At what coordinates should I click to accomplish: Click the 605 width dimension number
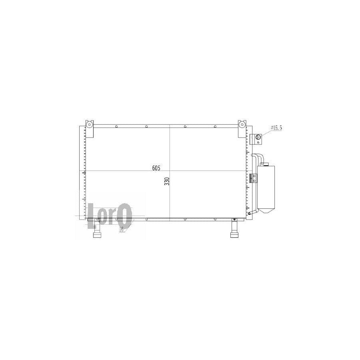[156, 168]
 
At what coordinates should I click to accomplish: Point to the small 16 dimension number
[121, 229]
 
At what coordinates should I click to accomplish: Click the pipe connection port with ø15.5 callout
[258, 138]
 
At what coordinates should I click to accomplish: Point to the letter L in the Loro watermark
[92, 216]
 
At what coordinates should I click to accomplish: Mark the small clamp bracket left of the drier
[252, 178]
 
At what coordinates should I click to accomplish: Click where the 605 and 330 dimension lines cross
[170, 172]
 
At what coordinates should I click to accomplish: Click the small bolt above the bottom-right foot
[234, 219]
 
